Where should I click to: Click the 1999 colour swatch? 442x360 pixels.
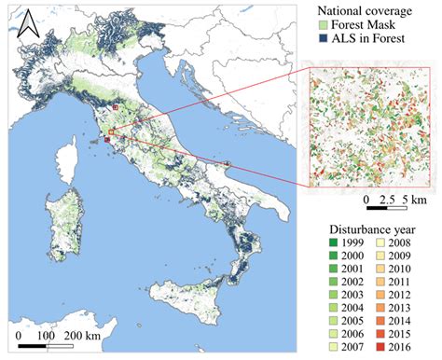coord(335,242)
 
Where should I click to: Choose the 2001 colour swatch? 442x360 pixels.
coord(335,269)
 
